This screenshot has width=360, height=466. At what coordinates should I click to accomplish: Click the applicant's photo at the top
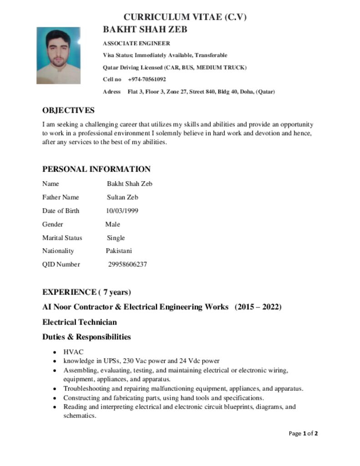pyautogui.click(x=58, y=56)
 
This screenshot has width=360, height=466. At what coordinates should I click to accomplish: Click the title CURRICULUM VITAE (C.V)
pyautogui.click(x=185, y=17)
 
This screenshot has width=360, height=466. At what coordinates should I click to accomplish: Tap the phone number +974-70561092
pyautogui.click(x=147, y=79)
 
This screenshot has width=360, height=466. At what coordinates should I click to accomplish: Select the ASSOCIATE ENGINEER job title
pyautogui.click(x=137, y=44)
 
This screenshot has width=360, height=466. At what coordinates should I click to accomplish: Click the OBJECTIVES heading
pyautogui.click(x=68, y=111)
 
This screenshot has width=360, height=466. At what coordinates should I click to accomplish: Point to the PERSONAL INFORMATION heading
pyautogui.click(x=96, y=169)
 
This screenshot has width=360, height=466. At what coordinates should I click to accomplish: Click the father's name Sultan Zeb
pyautogui.click(x=122, y=198)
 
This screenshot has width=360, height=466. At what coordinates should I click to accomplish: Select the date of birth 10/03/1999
pyautogui.click(x=122, y=211)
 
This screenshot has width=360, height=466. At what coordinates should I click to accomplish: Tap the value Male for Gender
pyautogui.click(x=112, y=224)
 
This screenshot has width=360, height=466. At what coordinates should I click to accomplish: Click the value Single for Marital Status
pyautogui.click(x=116, y=238)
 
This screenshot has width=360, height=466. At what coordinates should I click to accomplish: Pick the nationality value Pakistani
pyautogui.click(x=119, y=251)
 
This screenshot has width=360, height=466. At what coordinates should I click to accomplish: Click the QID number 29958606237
pyautogui.click(x=127, y=264)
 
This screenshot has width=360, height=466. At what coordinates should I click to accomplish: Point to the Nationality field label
pyautogui.click(x=58, y=251)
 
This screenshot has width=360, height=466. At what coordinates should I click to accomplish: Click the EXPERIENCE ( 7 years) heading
pyautogui.click(x=86, y=292)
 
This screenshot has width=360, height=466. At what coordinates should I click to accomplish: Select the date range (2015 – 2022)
pyautogui.click(x=258, y=307)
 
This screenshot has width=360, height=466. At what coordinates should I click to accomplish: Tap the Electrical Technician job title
pyautogui.click(x=80, y=322)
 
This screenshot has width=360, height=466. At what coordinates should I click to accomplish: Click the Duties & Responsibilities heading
pyautogui.click(x=86, y=337)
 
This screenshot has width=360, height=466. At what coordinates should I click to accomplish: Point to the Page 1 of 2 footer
pyautogui.click(x=303, y=433)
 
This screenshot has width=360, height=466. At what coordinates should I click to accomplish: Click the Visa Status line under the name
pyautogui.click(x=165, y=56)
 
